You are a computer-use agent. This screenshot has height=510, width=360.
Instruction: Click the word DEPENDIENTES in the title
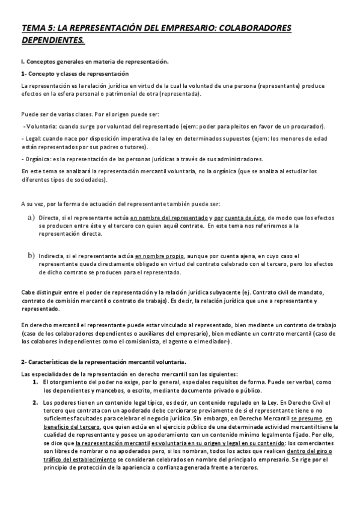(53, 40)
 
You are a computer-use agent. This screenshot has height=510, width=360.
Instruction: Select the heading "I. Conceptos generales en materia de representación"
(95, 61)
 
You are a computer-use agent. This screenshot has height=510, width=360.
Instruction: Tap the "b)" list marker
(31, 255)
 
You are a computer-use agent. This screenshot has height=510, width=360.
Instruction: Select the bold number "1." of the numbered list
(36, 382)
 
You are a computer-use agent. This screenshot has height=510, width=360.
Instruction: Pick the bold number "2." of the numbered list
(36, 402)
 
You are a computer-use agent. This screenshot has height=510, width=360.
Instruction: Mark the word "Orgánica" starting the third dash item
(39, 159)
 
